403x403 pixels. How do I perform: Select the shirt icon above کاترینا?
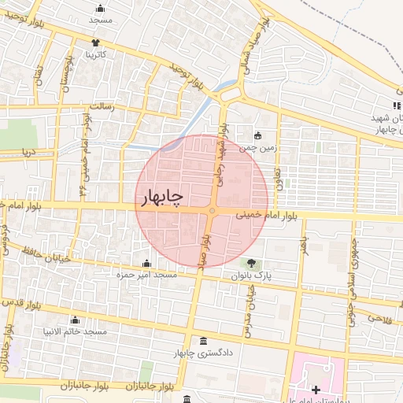click(x=96, y=43)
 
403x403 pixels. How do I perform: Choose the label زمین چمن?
click(x=260, y=146)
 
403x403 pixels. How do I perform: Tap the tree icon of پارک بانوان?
click(x=250, y=264)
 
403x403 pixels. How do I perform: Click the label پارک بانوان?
click(x=250, y=276)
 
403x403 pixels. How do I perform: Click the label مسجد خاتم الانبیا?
click(x=75, y=332)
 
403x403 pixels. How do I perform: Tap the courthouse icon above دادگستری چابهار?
click(x=205, y=341)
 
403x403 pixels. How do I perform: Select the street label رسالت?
click(x=103, y=105)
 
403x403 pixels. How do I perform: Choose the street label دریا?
click(x=30, y=150)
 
